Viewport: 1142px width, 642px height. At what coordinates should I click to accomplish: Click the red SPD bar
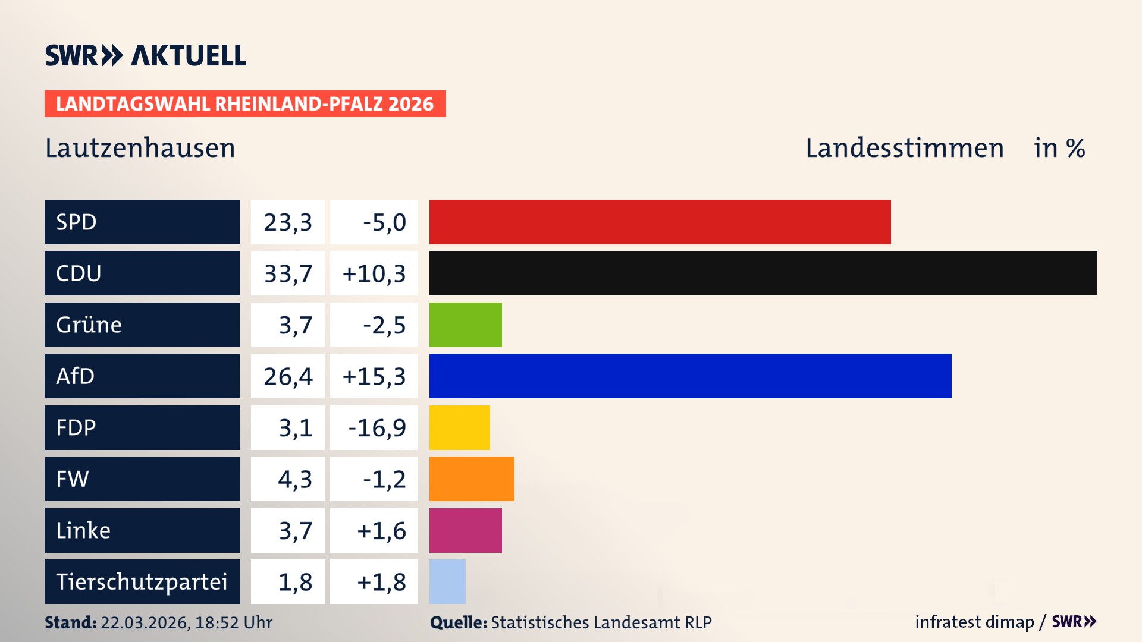(660, 222)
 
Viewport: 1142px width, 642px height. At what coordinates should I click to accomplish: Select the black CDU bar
(763, 273)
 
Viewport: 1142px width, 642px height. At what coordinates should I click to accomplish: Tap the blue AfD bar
(690, 376)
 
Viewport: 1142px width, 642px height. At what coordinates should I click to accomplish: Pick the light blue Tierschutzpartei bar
(447, 581)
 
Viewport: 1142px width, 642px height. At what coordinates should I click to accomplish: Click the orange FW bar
(472, 479)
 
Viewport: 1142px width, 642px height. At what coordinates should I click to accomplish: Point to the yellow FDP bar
(459, 427)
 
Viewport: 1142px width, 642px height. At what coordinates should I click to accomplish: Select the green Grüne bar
(465, 325)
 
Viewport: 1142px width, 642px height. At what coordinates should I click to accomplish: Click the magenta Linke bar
(465, 530)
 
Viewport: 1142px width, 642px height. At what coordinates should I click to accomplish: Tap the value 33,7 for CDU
(288, 273)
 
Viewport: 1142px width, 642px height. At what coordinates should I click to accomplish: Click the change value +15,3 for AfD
(374, 376)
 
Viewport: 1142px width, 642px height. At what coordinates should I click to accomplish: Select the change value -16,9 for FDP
(377, 428)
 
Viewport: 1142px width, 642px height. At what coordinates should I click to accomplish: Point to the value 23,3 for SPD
(288, 222)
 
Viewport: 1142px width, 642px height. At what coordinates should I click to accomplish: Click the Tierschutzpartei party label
(142, 581)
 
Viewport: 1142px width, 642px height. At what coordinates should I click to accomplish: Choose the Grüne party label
(89, 325)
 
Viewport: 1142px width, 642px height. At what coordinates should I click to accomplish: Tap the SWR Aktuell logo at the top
(146, 55)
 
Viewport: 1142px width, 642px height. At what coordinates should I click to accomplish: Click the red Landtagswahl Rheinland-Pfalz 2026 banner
(245, 104)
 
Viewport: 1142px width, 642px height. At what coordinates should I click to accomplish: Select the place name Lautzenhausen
(140, 148)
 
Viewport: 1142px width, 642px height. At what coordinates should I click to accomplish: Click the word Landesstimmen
(905, 148)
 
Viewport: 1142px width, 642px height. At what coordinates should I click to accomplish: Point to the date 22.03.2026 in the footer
(145, 622)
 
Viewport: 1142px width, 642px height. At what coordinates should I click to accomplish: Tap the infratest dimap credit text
(974, 622)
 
